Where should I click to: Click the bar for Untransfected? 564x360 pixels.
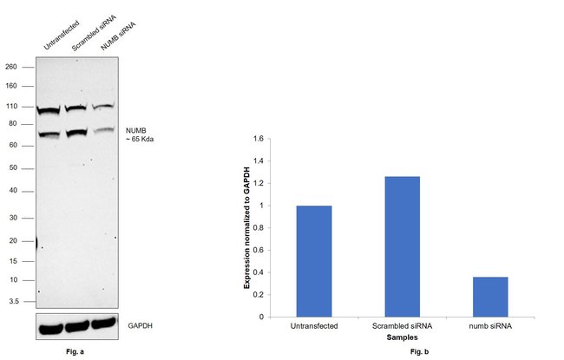(x=314, y=261)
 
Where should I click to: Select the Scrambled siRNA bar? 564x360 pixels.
(x=402, y=246)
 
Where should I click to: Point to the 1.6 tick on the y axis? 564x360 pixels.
(x=257, y=139)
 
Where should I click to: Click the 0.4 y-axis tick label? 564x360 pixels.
(x=257, y=272)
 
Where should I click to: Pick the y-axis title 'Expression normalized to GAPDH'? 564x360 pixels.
(x=246, y=226)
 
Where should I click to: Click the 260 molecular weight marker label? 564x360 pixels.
(x=11, y=66)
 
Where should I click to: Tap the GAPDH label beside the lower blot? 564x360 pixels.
(x=138, y=326)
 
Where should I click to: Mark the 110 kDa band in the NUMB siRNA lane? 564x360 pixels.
(x=103, y=107)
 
